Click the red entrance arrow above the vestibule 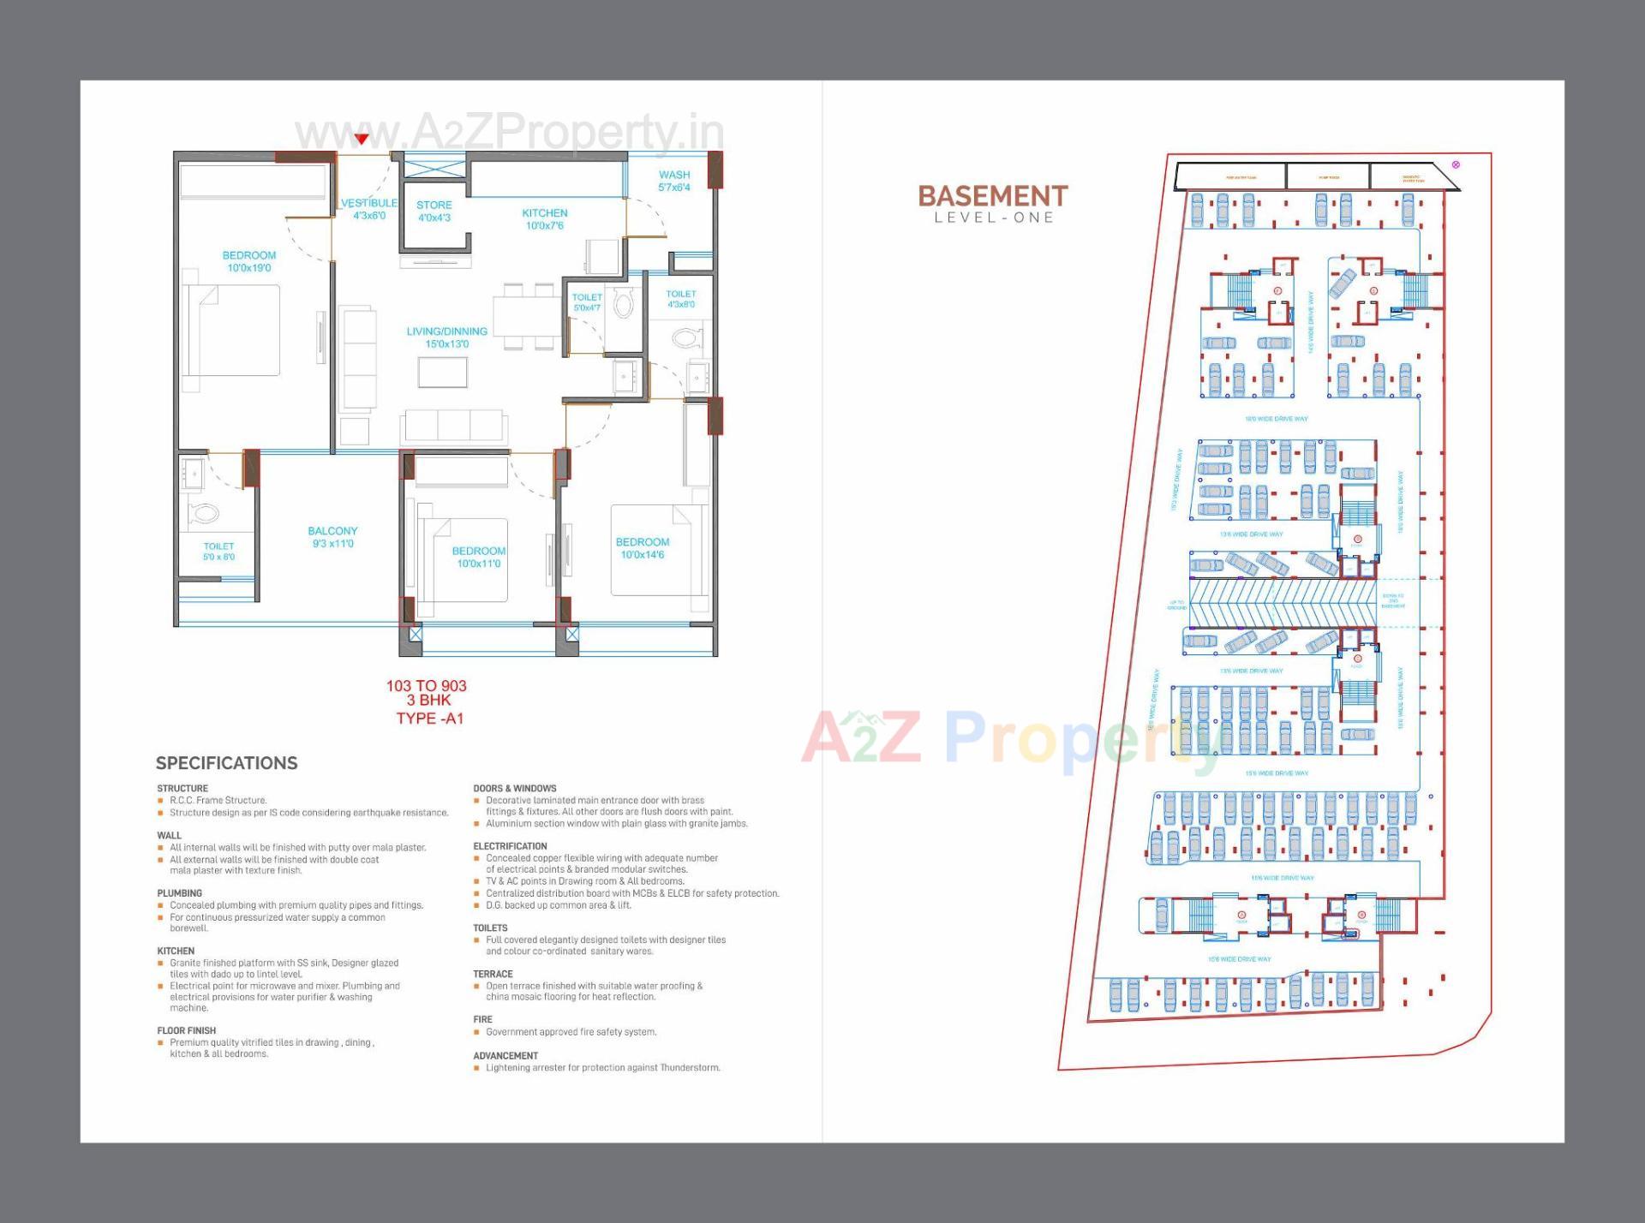(x=362, y=139)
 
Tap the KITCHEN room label (x=545, y=214)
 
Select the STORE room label (x=434, y=206)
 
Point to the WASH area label (x=674, y=176)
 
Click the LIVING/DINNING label (x=446, y=332)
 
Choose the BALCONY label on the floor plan (x=332, y=532)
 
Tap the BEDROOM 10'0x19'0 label (x=249, y=256)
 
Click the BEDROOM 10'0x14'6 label (x=643, y=543)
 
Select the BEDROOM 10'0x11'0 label (x=479, y=552)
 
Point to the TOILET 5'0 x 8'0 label (x=218, y=546)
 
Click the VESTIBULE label (x=369, y=204)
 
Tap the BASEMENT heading (x=993, y=196)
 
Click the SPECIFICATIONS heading (x=227, y=763)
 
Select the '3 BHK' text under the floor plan (x=428, y=701)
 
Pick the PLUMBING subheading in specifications (x=180, y=893)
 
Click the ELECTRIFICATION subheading (x=510, y=846)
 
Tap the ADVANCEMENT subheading (x=505, y=1056)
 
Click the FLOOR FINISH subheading (x=187, y=1031)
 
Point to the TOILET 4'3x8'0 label (x=681, y=295)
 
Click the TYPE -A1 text (x=429, y=719)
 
